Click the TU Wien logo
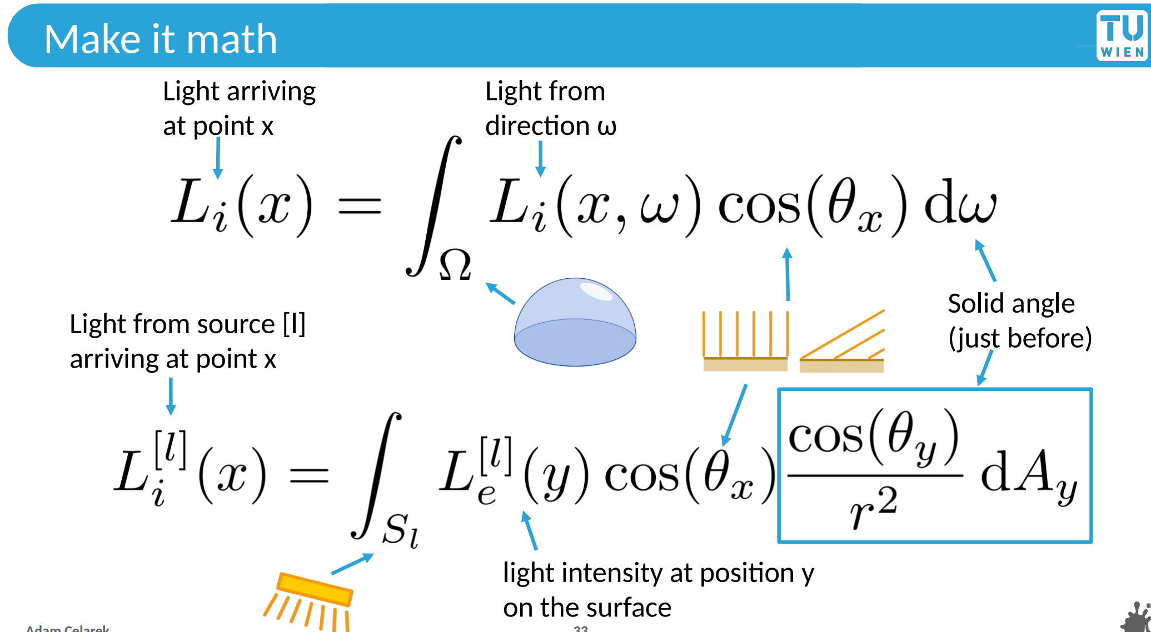1122,35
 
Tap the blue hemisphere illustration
575,322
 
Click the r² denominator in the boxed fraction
873,507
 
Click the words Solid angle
1011,304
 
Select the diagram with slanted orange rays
841,342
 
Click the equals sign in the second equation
309,475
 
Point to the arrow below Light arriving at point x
218,158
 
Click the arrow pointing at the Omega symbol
500,293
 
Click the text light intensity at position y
658,573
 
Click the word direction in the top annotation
537,126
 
